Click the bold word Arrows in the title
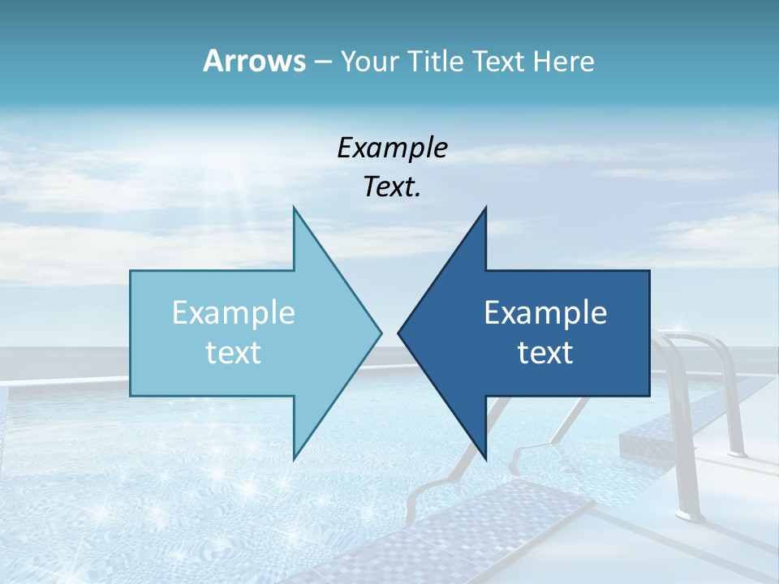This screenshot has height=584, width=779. [253, 61]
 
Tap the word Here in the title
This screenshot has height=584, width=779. [565, 61]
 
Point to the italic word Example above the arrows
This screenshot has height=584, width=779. [392, 148]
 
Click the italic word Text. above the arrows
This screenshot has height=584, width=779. [392, 187]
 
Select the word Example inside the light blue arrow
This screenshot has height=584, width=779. [234, 312]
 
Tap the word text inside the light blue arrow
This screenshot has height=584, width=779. [234, 352]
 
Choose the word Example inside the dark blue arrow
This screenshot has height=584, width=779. [545, 312]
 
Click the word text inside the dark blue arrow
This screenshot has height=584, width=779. [545, 352]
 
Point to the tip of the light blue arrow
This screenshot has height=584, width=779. [381, 333]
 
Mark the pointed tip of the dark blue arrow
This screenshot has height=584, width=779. [398, 333]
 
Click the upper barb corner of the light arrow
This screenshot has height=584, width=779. [294, 208]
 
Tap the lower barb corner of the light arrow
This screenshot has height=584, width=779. [294, 458]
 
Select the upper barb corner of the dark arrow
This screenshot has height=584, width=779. [485, 208]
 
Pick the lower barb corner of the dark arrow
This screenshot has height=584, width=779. [485, 458]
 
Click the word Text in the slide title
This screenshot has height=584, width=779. [498, 61]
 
